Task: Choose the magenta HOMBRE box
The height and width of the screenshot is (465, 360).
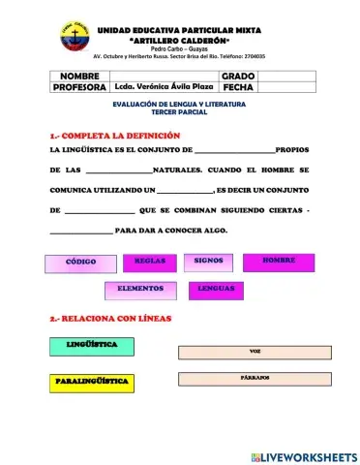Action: click(278, 261)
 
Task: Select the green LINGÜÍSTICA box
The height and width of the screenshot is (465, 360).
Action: click(93, 345)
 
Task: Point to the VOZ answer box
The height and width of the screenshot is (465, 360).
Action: click(255, 351)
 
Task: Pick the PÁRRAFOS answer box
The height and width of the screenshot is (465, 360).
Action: click(255, 378)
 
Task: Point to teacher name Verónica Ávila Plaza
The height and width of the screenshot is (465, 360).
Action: click(165, 87)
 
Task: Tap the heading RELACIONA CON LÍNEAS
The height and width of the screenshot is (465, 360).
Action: click(112, 319)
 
